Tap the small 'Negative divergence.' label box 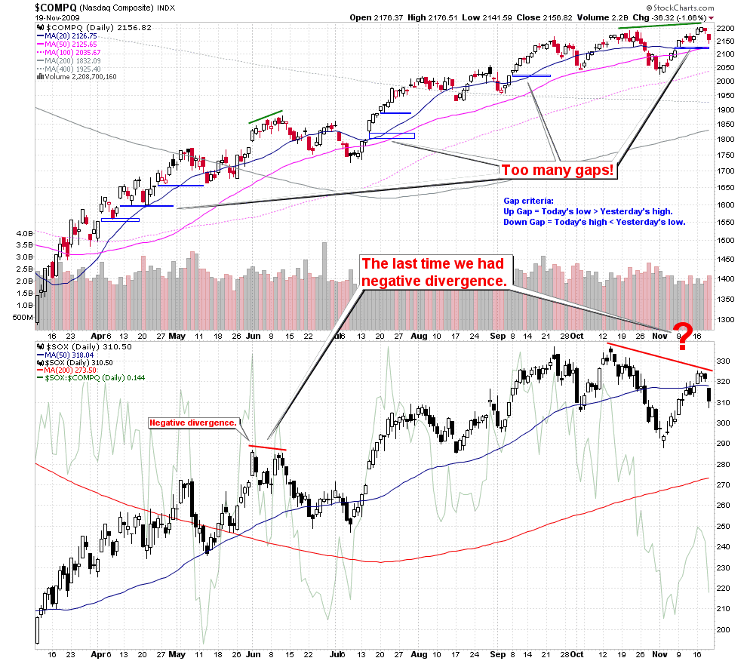click(192, 423)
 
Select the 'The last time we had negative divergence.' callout click(436, 272)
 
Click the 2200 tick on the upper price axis click(725, 29)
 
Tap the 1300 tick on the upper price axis click(725, 320)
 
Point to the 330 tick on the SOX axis click(722, 361)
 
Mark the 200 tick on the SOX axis click(722, 629)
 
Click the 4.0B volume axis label click(23, 235)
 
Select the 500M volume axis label click(22, 318)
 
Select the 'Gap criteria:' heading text click(528, 201)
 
